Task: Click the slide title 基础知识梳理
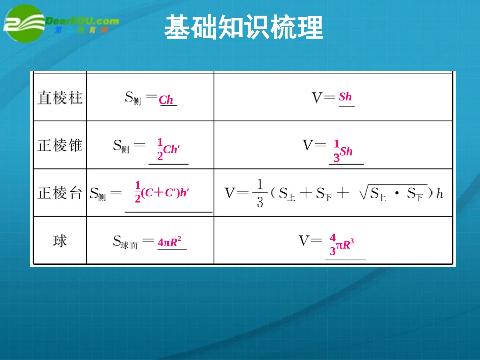[244, 27]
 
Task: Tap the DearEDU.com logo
[61, 23]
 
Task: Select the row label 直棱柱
[60, 97]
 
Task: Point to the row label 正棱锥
[60, 146]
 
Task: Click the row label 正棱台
[60, 193]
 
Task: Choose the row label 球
[60, 241]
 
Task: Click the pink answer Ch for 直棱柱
[166, 100]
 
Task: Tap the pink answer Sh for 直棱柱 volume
[345, 97]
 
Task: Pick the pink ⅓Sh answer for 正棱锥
[343, 151]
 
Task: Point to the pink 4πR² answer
[169, 242]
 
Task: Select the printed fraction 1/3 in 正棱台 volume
[259, 193]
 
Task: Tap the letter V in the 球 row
[304, 241]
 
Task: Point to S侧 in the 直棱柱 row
[133, 98]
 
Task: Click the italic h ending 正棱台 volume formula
[440, 193]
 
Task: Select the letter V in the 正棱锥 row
[308, 146]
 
